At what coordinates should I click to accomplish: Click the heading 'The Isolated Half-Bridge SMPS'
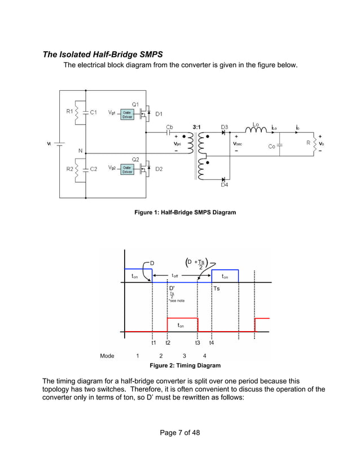point(103,55)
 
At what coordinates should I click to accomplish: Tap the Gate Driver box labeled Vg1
point(127,113)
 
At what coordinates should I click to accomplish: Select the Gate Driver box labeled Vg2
point(127,169)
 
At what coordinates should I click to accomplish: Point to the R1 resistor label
point(69,112)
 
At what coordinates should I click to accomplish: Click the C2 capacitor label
point(94,169)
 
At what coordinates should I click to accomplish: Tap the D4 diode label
point(224,184)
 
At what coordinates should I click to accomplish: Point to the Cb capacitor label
point(170,127)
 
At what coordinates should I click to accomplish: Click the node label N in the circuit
point(81,151)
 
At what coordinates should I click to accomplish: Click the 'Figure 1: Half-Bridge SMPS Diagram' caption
point(185,212)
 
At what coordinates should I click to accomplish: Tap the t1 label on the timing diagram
point(153,342)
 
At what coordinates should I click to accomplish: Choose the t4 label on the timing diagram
point(211,342)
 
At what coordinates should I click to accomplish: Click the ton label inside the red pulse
point(181,325)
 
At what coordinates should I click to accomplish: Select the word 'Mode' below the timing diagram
point(107,356)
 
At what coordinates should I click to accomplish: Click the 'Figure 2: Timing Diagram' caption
point(185,366)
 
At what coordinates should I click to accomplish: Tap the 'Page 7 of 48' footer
point(180,433)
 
